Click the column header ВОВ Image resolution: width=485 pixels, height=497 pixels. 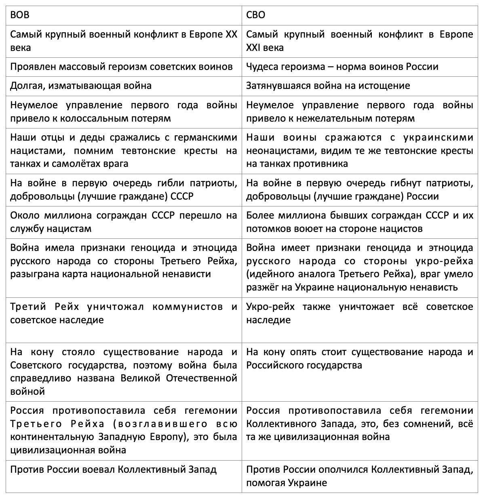click(x=19, y=15)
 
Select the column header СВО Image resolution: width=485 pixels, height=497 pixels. click(x=256, y=15)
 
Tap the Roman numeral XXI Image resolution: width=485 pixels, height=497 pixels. click(x=253, y=48)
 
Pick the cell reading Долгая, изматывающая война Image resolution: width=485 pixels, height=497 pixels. click(x=81, y=86)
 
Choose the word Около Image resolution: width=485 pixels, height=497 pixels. click(x=23, y=215)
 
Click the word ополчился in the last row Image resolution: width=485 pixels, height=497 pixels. click(x=344, y=470)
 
